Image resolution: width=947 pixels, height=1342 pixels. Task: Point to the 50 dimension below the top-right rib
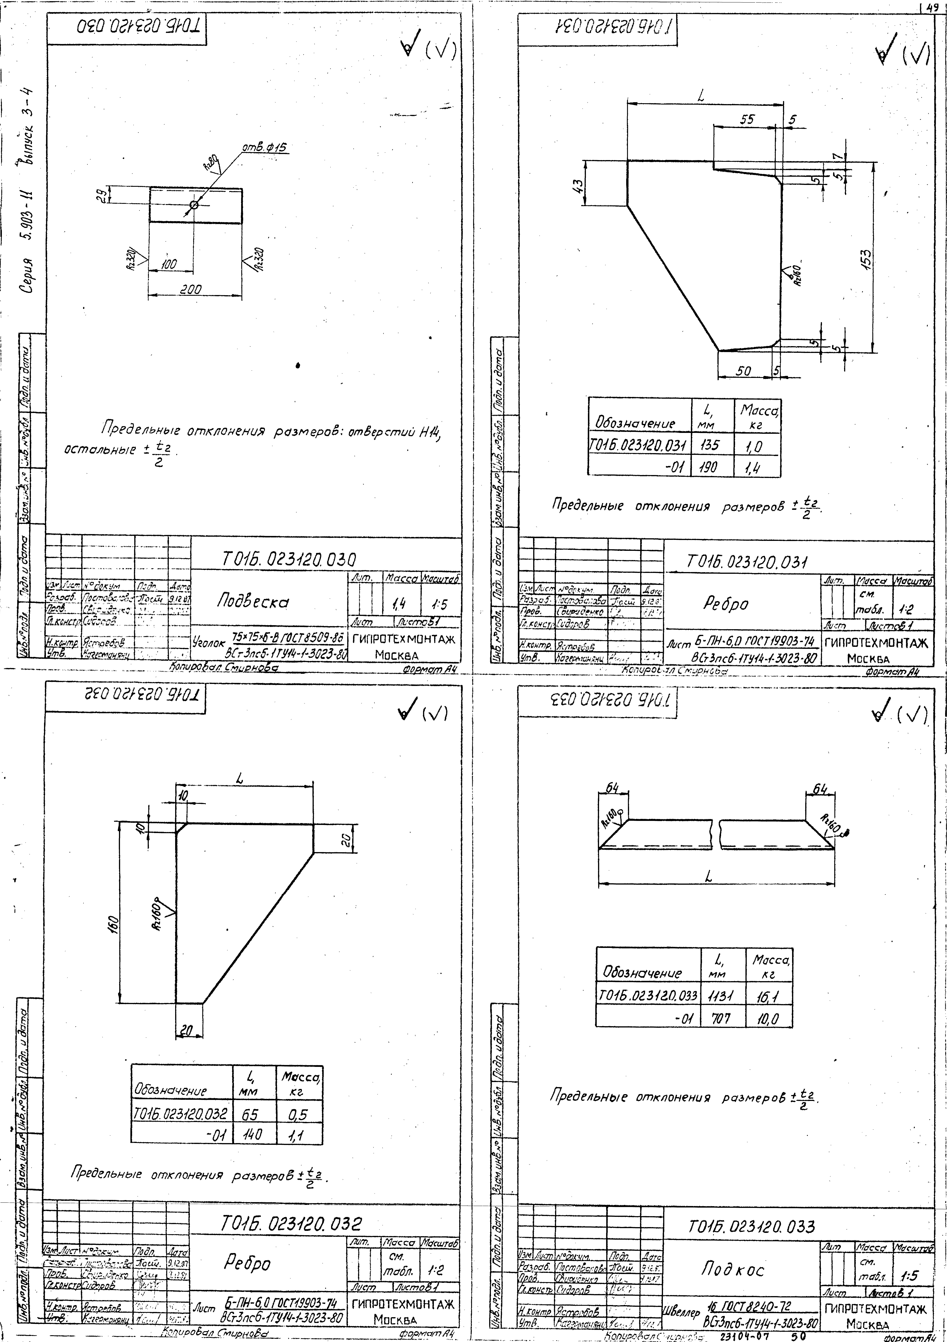(744, 371)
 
